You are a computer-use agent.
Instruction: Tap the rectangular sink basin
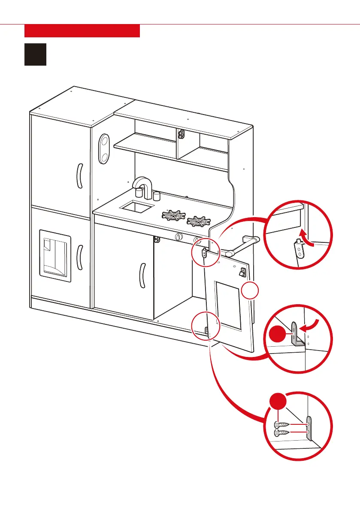click(137, 208)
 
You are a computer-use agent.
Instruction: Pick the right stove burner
click(199, 222)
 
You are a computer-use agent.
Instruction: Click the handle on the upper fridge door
click(79, 176)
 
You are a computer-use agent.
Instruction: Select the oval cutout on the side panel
click(104, 148)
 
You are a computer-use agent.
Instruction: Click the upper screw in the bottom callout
click(281, 426)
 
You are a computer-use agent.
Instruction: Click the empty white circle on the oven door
click(250, 292)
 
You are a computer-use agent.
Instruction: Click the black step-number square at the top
click(35, 54)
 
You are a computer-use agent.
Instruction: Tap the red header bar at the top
click(82, 31)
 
